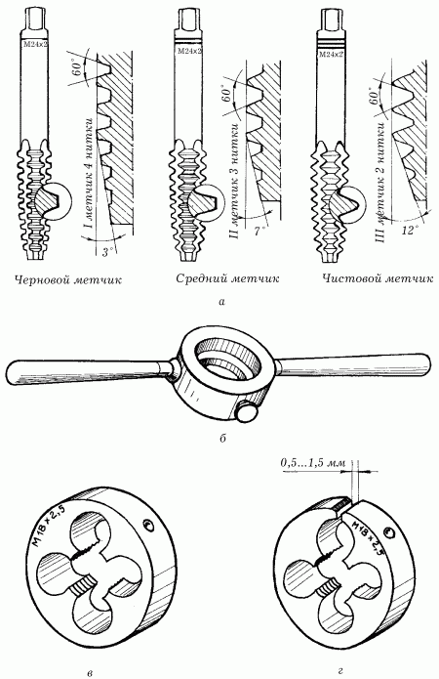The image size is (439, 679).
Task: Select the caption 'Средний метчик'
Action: (x=227, y=279)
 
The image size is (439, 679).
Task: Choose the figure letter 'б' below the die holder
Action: (x=221, y=439)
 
